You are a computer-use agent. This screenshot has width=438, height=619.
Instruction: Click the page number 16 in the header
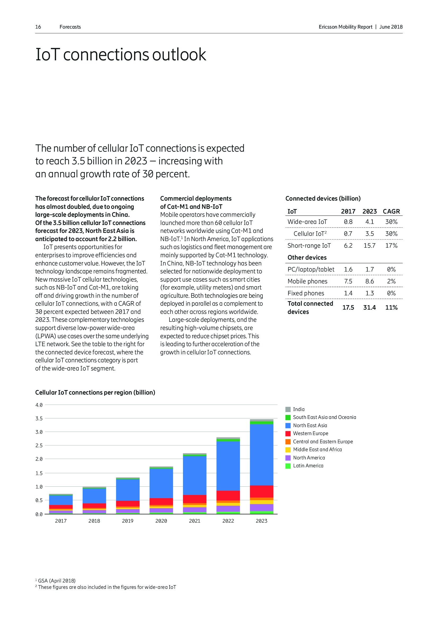click(38, 27)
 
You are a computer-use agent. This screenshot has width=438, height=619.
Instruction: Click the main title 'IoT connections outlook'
click(120, 55)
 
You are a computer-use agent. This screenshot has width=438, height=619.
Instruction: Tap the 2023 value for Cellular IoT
click(369, 234)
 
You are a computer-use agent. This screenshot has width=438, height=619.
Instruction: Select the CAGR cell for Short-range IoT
click(391, 246)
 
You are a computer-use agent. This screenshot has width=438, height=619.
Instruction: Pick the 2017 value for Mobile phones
click(348, 282)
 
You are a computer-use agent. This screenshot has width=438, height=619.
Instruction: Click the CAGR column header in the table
click(391, 211)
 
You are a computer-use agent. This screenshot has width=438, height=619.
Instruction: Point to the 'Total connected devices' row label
click(310, 308)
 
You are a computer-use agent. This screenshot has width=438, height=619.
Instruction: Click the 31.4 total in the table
click(369, 308)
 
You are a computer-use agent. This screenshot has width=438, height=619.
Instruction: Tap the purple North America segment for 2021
click(194, 509)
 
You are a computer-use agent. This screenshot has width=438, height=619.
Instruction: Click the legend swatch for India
click(288, 409)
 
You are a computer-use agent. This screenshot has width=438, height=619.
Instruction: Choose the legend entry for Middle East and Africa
click(317, 450)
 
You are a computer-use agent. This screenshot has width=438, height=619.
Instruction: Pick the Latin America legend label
click(308, 466)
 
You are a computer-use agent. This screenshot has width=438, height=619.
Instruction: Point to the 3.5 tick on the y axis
click(39, 419)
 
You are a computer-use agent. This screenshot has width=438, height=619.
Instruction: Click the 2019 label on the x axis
click(128, 521)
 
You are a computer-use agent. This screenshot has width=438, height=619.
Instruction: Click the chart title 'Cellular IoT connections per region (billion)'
click(95, 392)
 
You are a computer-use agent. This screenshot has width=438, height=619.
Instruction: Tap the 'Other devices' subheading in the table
click(307, 258)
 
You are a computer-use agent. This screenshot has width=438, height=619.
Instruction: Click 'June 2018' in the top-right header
click(391, 27)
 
